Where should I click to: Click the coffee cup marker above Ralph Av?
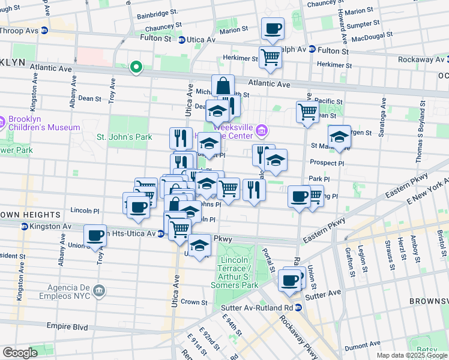[x=273, y=29]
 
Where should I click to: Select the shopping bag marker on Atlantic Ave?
[x=223, y=86]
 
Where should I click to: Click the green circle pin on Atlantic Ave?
[x=136, y=67]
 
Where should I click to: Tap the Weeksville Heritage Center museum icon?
[x=262, y=130]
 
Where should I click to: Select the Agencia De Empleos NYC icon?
[x=100, y=290]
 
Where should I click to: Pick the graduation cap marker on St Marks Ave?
[x=339, y=137]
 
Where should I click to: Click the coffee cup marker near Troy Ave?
[x=95, y=236]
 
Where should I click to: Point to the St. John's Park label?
[x=125, y=136]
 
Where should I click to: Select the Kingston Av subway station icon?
[x=25, y=226]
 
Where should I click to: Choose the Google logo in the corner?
[x=20, y=353]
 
